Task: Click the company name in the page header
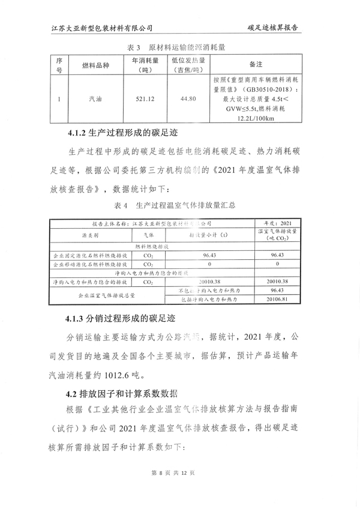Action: (x=103, y=28)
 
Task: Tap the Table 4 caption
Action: (x=179, y=205)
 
